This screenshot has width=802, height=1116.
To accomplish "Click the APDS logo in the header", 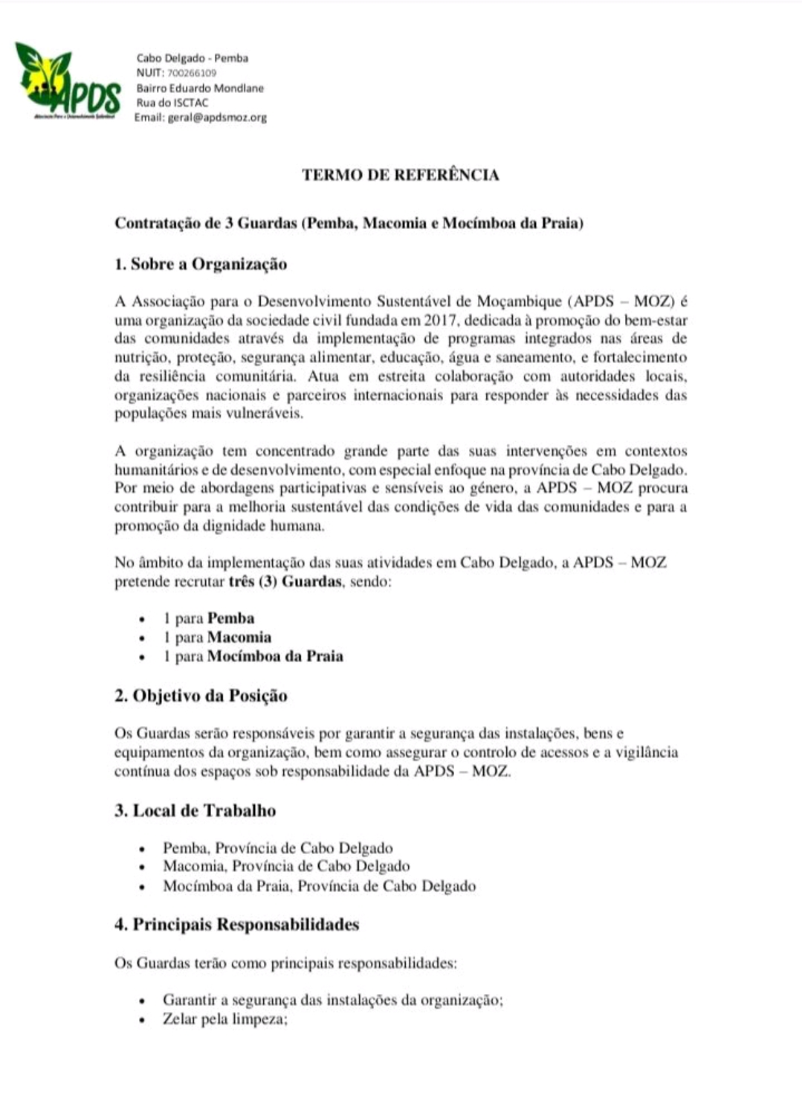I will (x=68, y=82).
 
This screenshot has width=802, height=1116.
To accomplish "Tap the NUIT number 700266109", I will (x=192, y=73).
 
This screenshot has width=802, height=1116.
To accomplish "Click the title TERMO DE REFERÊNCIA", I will (x=400, y=175).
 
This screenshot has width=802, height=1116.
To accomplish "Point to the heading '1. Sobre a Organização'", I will (x=201, y=264).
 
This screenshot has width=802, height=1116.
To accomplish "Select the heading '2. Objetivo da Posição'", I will (x=201, y=696).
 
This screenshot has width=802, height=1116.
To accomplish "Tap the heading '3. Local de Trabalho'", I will (x=195, y=810).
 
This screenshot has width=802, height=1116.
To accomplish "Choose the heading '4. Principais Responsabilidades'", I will (x=236, y=924).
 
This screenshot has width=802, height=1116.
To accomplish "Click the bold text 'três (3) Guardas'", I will (x=285, y=581).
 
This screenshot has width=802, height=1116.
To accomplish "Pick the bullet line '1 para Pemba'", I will (x=209, y=618).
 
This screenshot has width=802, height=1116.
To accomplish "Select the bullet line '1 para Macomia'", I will (x=217, y=637).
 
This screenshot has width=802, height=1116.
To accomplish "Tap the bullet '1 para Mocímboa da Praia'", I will (x=253, y=656).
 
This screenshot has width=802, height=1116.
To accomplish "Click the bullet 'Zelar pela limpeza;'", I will (x=224, y=1019).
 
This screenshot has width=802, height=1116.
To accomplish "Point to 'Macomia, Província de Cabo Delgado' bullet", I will (x=286, y=866).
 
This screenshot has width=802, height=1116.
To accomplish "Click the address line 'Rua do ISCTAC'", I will (x=172, y=103).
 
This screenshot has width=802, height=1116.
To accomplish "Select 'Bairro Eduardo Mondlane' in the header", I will (x=199, y=88).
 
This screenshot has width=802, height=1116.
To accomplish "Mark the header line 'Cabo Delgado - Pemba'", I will (x=192, y=58).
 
